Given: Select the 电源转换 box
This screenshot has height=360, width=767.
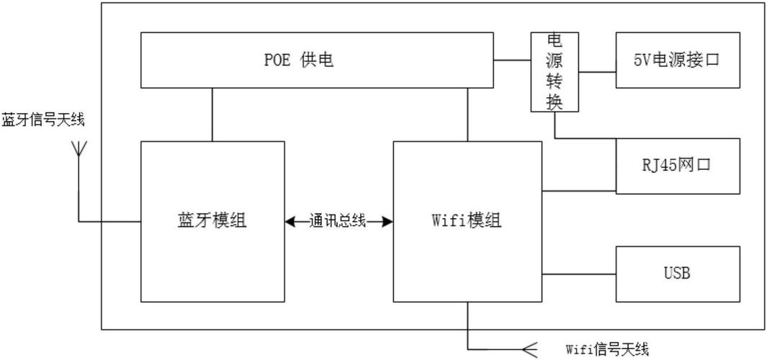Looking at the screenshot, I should [x=555, y=72].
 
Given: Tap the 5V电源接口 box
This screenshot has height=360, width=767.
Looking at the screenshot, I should [x=677, y=60].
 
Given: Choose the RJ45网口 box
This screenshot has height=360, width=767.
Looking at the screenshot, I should [x=677, y=166].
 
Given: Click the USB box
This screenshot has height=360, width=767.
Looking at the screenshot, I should [x=677, y=274].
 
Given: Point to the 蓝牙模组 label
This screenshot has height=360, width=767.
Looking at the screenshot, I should [x=212, y=221].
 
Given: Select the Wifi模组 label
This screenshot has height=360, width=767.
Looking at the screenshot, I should [x=467, y=221].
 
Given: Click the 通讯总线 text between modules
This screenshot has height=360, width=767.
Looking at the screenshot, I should [x=338, y=221].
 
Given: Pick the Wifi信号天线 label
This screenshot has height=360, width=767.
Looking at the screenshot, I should [x=607, y=350].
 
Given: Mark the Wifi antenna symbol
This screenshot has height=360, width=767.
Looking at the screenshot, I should [x=529, y=350].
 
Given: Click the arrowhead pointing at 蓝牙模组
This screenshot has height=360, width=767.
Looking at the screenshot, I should [x=290, y=222].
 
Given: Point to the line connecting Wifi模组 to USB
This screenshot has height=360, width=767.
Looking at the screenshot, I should [x=579, y=274].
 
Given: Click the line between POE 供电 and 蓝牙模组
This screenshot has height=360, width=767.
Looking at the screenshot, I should [x=212, y=114].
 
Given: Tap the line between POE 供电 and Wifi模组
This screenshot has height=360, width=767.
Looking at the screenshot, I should [x=468, y=114].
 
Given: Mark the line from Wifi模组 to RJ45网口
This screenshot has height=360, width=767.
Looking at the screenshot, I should [x=579, y=192].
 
